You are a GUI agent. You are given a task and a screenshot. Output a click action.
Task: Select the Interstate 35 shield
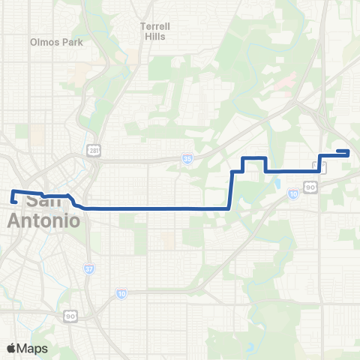point(187,159)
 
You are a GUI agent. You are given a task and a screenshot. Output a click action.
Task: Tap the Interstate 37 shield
point(89,269)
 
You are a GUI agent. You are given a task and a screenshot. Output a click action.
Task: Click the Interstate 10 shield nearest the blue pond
point(292,194)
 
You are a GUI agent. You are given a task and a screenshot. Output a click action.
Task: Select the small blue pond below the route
point(278,182)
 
